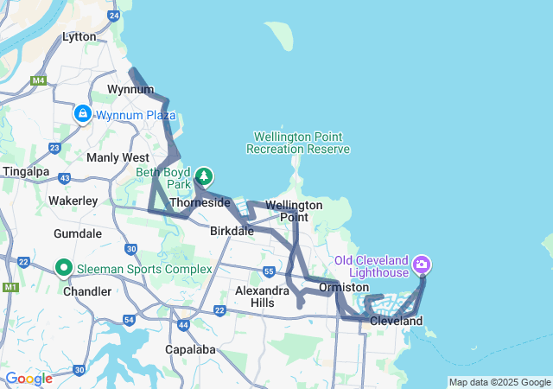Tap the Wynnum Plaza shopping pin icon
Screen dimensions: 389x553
83,113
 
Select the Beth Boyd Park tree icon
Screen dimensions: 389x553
204,176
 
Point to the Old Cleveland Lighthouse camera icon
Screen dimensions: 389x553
422,263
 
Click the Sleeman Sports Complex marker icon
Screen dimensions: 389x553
65,269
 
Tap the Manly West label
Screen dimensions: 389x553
118,157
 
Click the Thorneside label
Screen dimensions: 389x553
200,202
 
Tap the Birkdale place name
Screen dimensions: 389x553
232,232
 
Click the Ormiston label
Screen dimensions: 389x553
344,287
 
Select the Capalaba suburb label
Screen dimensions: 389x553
190,350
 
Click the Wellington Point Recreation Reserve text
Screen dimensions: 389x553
298,143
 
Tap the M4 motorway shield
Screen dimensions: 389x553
37,80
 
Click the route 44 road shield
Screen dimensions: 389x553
183,325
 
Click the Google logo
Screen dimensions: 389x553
29,379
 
